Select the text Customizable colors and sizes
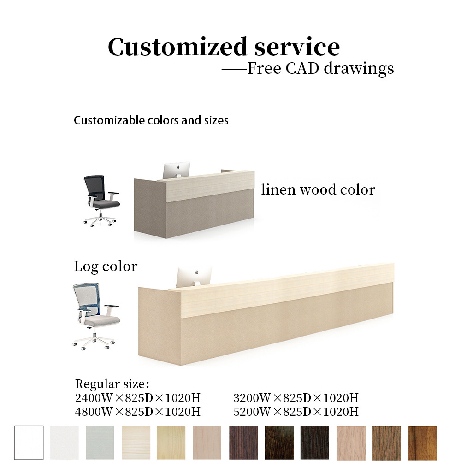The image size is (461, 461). coord(151,121)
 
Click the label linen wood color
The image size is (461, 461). coord(318,189)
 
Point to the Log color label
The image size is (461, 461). coord(106,266)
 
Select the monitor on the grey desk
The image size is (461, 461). coord(176,170)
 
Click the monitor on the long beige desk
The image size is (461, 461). coord(194,276)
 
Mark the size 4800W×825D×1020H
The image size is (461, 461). coord(137,411)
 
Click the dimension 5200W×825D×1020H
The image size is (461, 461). coord(296,411)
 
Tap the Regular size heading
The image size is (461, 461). coord(112,384)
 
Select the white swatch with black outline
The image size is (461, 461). coord(29,443)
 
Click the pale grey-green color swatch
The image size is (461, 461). coord(100,443)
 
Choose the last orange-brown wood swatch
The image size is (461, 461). coord(422,443)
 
